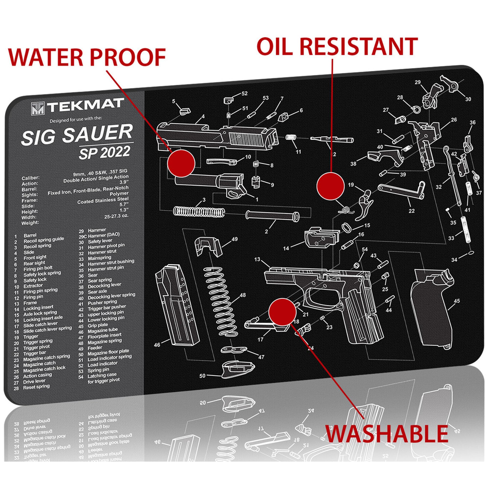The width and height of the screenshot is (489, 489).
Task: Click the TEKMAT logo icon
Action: [x=37, y=108]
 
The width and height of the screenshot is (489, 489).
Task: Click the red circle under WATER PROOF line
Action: [x=181, y=163]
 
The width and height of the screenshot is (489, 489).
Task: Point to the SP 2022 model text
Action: [x=105, y=153]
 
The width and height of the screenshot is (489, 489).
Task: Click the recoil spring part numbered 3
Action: [x=198, y=211]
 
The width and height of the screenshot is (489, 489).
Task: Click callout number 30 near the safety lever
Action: [x=468, y=99]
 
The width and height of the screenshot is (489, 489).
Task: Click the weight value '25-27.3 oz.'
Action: [x=116, y=216]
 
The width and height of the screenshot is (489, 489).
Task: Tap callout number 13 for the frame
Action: [x=257, y=259]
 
